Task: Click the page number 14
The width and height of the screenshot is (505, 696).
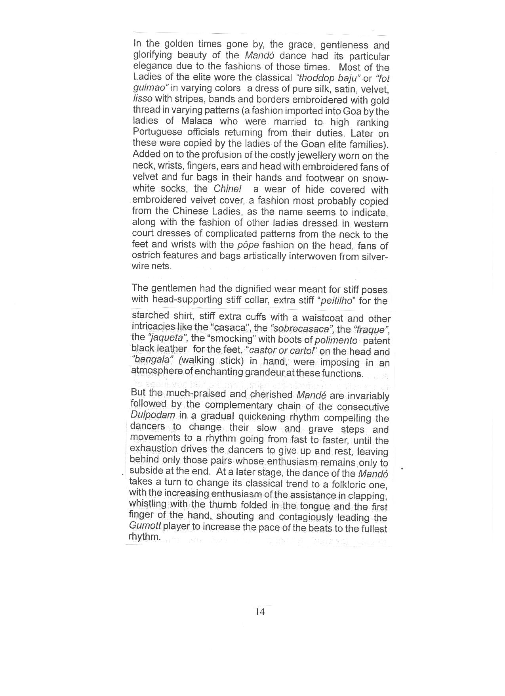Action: coord(260,612)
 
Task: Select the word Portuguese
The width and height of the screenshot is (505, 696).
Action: coord(158,132)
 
